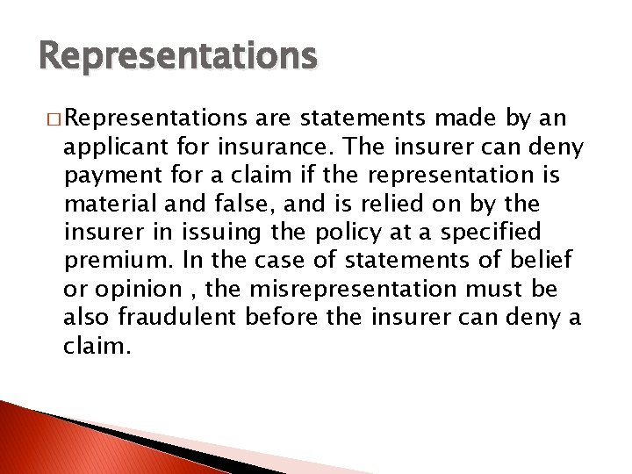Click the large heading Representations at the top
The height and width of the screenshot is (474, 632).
point(178,56)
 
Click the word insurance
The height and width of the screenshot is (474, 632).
point(238,147)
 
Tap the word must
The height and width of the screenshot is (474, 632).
point(498,289)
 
